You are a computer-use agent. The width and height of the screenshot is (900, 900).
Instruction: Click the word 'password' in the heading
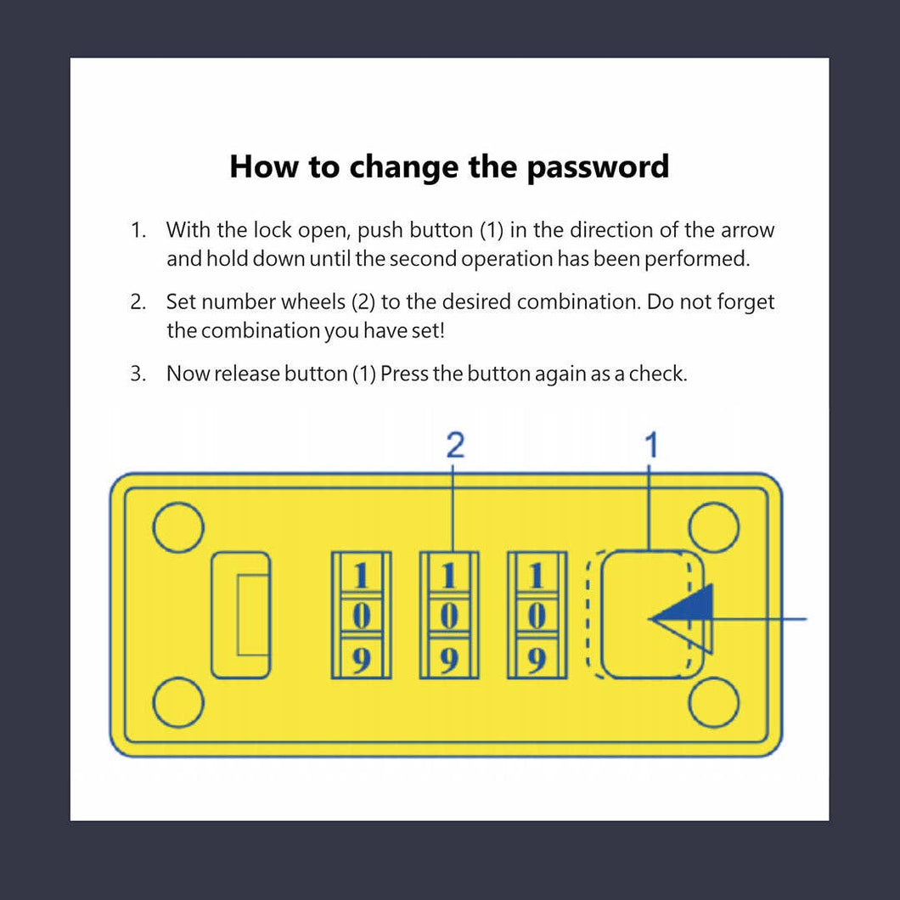[x=598, y=168]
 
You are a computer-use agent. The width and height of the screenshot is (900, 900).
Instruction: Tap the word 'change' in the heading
[x=403, y=166]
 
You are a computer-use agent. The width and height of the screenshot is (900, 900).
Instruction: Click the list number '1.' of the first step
[x=138, y=230]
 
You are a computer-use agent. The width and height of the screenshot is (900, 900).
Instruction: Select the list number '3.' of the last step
[x=138, y=374]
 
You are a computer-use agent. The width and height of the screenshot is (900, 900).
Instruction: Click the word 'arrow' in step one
[x=747, y=231]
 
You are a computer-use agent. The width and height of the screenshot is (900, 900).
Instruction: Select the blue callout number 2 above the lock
[x=455, y=446]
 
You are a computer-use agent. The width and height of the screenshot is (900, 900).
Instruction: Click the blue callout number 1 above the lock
[x=651, y=446]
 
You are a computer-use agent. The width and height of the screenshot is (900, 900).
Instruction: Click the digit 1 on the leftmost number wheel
[x=361, y=576]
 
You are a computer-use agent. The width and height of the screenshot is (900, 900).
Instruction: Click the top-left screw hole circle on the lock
[x=178, y=528]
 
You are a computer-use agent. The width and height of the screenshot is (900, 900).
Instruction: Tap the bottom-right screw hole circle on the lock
[x=713, y=702]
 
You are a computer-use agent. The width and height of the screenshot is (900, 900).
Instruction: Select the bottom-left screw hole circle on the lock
[x=178, y=703]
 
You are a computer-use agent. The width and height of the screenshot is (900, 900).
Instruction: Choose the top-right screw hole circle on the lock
[x=713, y=528]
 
